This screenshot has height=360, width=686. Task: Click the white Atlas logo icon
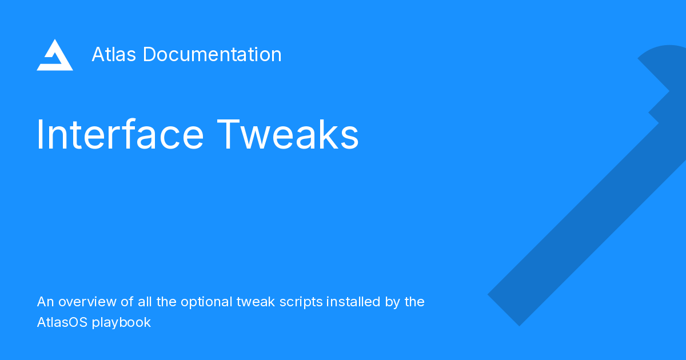click(x=55, y=55)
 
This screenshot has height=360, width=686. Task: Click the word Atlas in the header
click(x=114, y=55)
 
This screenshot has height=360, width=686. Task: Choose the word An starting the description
click(x=45, y=302)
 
